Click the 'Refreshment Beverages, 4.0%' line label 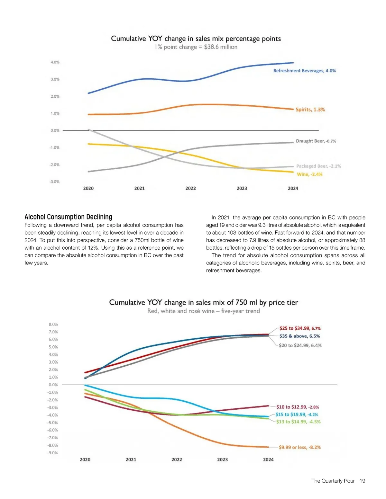(x=304, y=71)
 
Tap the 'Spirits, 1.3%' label (x=310, y=110)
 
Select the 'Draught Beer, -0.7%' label (x=316, y=141)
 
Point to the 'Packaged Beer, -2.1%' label (x=318, y=166)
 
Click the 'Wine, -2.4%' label (x=309, y=174)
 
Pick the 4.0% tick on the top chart (x=55, y=62)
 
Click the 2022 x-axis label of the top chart (x=190, y=188)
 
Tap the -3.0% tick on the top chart (x=54, y=182)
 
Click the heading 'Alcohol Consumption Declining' (x=68, y=217)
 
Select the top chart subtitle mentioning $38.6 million (x=196, y=47)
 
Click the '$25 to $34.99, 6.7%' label (x=300, y=328)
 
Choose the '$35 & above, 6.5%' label (x=299, y=336)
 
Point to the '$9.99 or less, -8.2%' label (x=299, y=447)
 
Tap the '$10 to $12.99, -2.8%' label (x=298, y=407)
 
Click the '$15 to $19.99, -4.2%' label (x=297, y=414)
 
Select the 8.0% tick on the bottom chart (x=53, y=324)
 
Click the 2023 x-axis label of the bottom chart (x=222, y=459)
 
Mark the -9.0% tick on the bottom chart (x=53, y=453)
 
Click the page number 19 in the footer (x=362, y=481)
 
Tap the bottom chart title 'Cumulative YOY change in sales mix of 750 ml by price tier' (x=203, y=302)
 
